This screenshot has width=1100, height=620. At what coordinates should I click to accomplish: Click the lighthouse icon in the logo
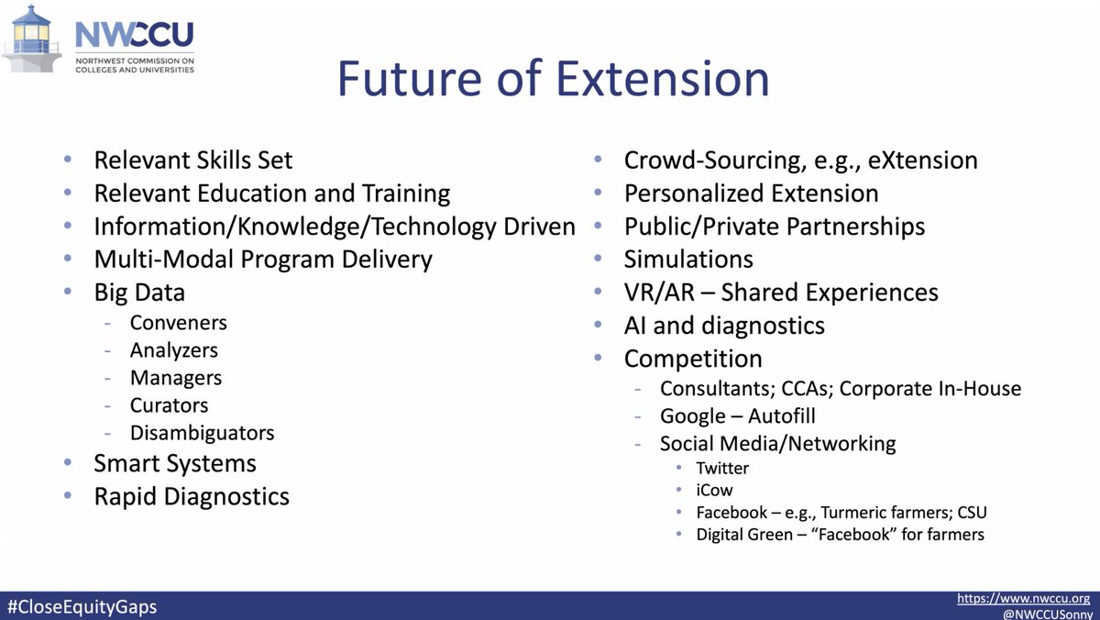[x=31, y=39]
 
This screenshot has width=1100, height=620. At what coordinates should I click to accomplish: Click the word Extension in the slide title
[x=663, y=79]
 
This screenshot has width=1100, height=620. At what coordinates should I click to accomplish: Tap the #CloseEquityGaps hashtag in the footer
[x=82, y=607]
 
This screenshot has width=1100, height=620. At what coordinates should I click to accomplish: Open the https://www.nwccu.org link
[x=1023, y=598]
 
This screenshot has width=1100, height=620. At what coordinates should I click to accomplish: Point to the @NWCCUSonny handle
[x=1048, y=614]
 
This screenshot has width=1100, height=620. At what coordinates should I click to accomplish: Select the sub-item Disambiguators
[x=203, y=433]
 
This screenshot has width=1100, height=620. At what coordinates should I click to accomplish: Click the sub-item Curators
[x=169, y=405]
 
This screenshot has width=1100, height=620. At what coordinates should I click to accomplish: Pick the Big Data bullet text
[x=139, y=293]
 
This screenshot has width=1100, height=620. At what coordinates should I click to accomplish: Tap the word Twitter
[x=722, y=468]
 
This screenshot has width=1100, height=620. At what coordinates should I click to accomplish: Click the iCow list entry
[x=714, y=491]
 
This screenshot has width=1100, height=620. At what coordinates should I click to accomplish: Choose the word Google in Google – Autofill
[x=693, y=416]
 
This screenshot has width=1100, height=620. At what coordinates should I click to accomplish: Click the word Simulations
[x=688, y=260]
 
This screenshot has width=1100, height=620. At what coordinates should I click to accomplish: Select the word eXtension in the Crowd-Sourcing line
[x=923, y=161]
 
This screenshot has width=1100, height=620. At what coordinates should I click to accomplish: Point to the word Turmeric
[x=857, y=513]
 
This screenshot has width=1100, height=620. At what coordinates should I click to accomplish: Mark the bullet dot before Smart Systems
[x=68, y=462]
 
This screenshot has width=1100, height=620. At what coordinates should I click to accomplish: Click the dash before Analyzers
[x=107, y=350]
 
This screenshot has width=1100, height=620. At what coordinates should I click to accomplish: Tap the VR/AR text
[x=659, y=293]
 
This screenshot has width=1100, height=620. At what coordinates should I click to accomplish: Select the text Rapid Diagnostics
[x=192, y=497]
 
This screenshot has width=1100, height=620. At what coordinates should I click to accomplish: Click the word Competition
[x=693, y=359]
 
